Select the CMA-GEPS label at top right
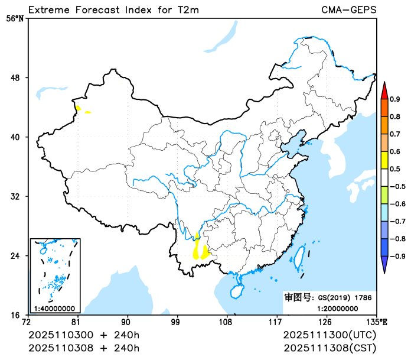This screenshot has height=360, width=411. (x=348, y=9)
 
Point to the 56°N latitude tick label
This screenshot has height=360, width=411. (x=15, y=18)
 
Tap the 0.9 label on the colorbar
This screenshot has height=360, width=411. (x=396, y=99)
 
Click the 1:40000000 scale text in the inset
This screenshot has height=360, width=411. (x=54, y=308)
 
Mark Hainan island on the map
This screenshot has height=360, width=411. (x=236, y=291)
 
